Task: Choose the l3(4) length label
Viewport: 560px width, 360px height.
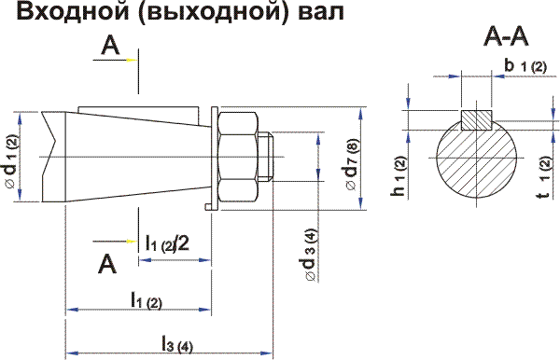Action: coord(175,343)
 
